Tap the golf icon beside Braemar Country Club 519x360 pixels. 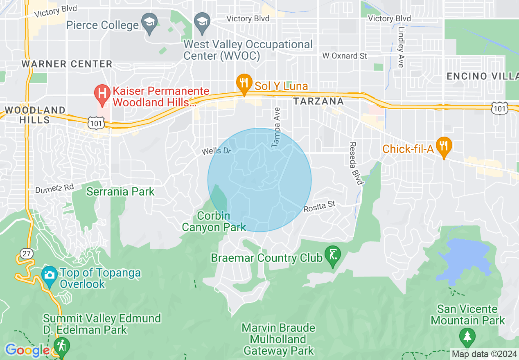(332, 256)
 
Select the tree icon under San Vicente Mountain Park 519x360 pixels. (467, 337)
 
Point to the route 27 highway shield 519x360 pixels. (26, 253)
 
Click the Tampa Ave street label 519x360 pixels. (276, 128)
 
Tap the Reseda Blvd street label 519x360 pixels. (355, 163)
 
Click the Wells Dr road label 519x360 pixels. (217, 151)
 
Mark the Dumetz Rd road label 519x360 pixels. (54, 188)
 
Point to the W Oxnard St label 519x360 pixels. (345, 56)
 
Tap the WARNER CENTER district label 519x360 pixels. (67, 64)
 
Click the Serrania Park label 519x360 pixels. (120, 191)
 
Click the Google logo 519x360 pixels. (27, 350)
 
